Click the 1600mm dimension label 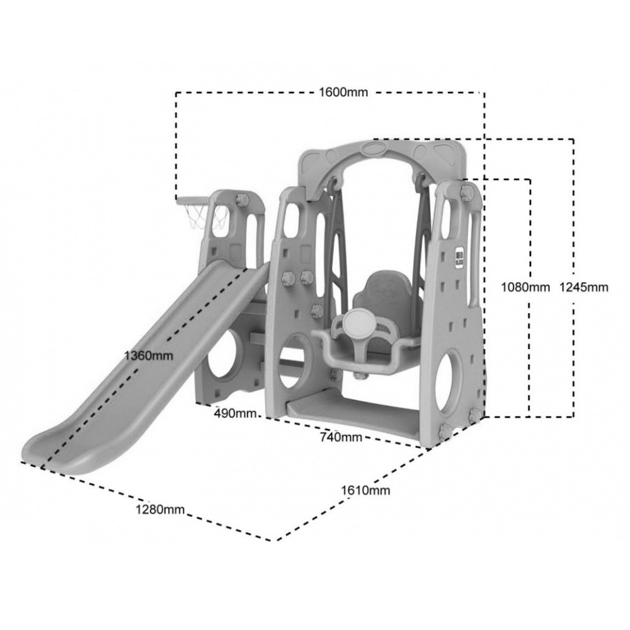[343, 93]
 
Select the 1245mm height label [584, 287]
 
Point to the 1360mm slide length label [149, 355]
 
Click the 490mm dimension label [235, 413]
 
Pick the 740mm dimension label [341, 437]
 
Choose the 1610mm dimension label [365, 490]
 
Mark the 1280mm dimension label [160, 510]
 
